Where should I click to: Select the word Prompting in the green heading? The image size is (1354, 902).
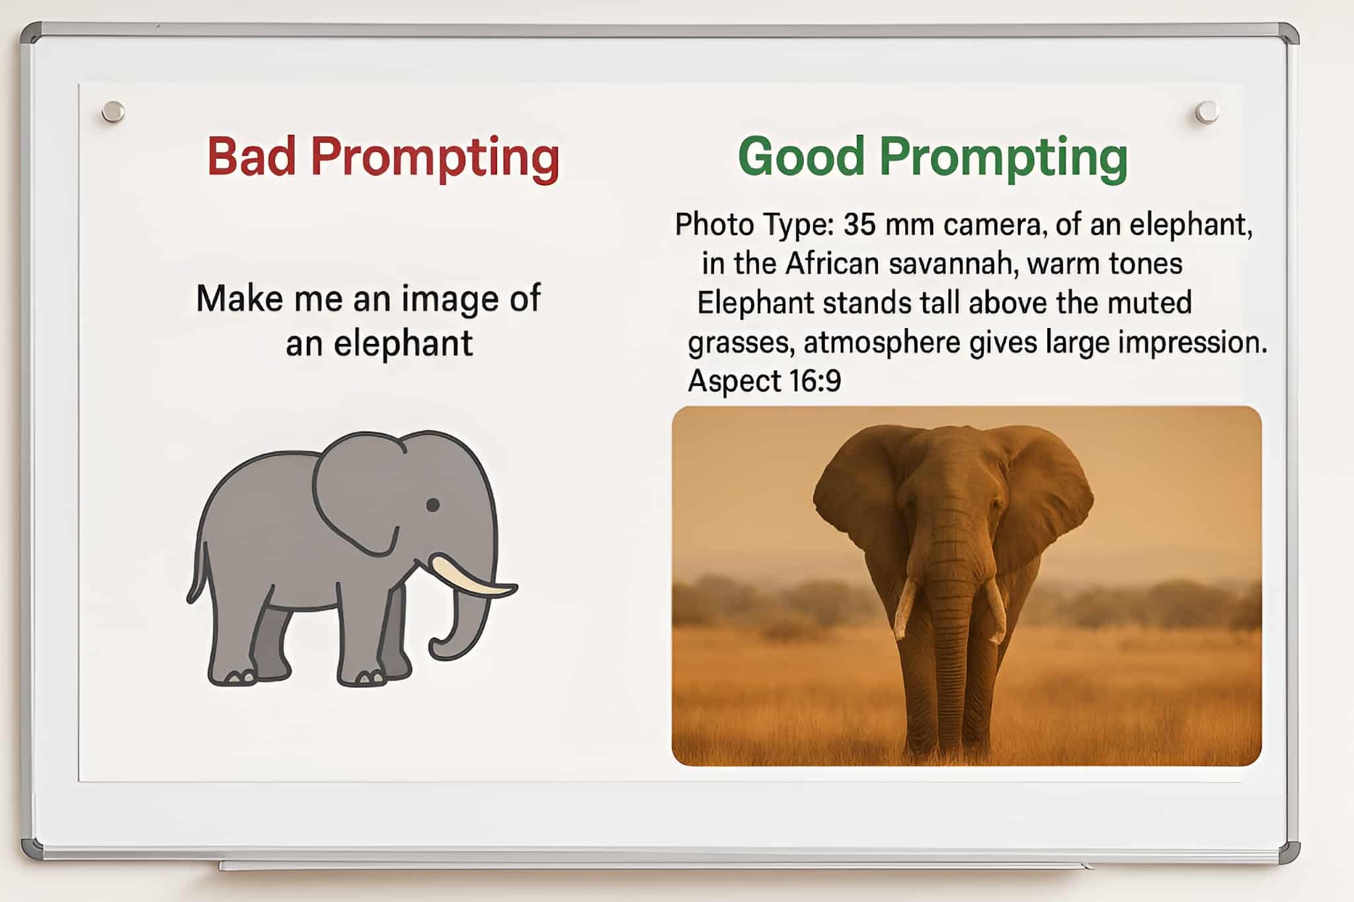click(x=1003, y=159)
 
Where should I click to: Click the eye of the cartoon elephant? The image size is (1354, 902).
click(x=433, y=505)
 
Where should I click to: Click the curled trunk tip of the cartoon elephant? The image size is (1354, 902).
click(x=442, y=648)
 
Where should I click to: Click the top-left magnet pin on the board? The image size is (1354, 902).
click(x=113, y=111)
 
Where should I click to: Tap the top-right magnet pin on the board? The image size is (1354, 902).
click(x=1207, y=112)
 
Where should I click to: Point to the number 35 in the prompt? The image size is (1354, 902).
click(x=859, y=225)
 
